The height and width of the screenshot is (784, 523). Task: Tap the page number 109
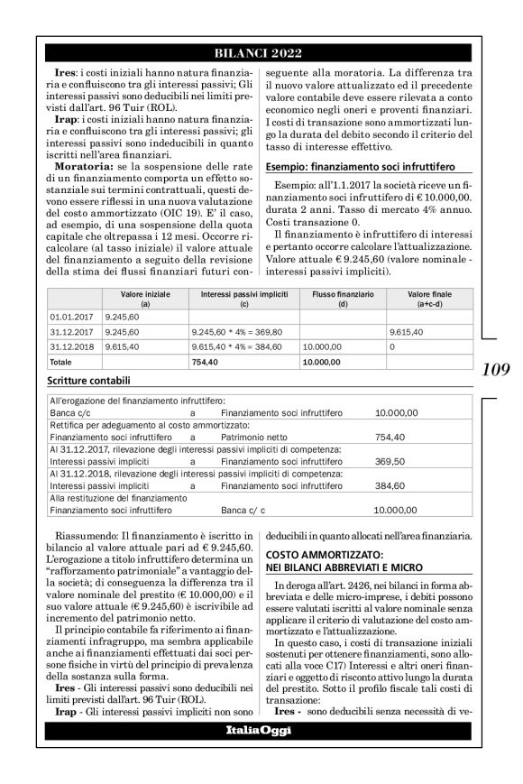tap(497, 369)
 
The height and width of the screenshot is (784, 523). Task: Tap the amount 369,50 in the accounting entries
tap(390, 460)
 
